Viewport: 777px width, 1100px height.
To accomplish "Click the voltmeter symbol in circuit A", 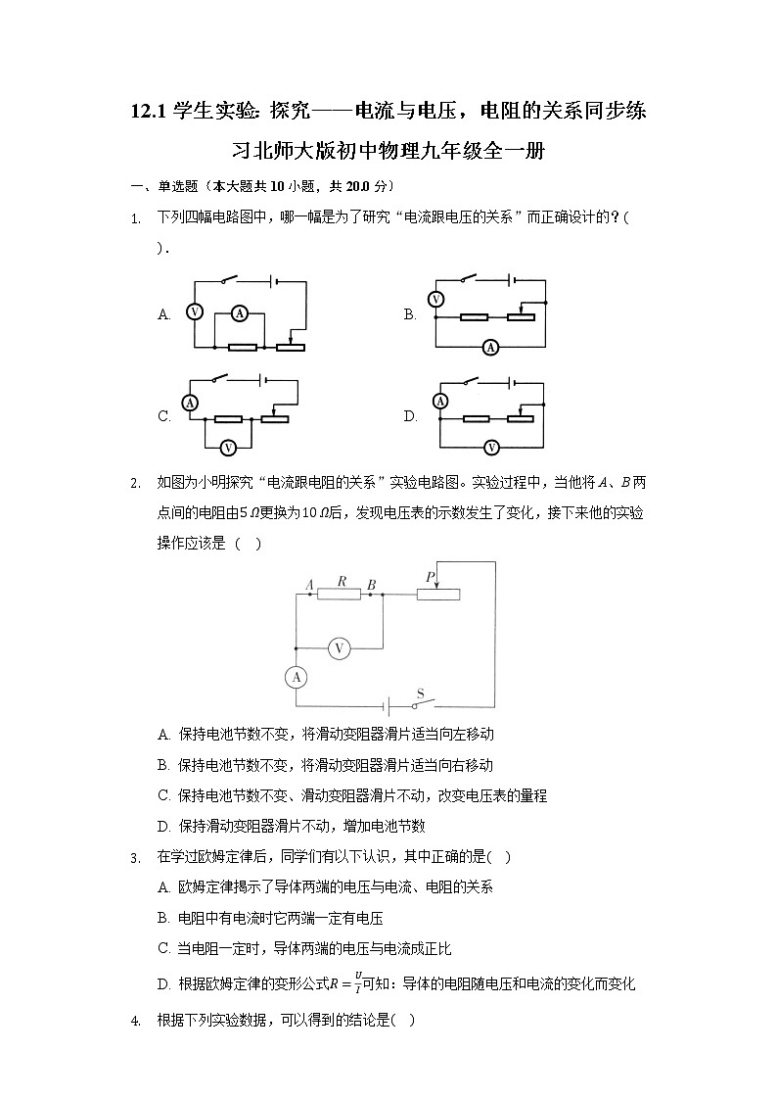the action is (194, 312).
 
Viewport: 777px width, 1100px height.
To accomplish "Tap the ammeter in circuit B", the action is (491, 347).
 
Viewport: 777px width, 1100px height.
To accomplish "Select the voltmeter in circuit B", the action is (437, 300).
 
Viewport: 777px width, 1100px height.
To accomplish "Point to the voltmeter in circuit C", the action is (228, 447).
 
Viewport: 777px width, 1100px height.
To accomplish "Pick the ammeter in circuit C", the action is (193, 403).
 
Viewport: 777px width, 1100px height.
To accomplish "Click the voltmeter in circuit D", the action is (491, 447).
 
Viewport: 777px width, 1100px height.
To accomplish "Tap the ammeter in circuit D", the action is (440, 402).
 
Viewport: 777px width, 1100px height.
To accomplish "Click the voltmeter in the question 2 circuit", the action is (339, 647).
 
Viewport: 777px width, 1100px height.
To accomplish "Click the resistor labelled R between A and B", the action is (340, 594).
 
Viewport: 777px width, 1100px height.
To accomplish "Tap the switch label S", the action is (420, 693).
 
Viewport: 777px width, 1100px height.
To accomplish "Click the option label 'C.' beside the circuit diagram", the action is (164, 416).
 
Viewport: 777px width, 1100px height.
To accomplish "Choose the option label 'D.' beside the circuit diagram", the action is (410, 416).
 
